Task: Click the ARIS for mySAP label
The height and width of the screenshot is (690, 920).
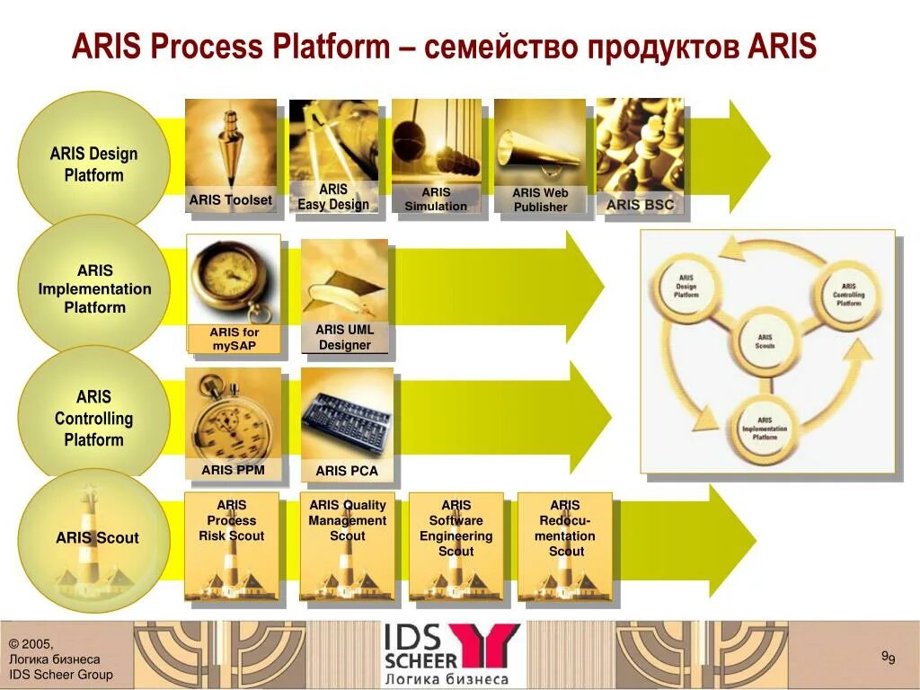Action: click(234, 339)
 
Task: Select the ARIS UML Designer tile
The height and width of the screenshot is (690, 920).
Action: click(345, 296)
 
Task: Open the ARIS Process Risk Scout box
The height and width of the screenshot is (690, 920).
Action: click(231, 546)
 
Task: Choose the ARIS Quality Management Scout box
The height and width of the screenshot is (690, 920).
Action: click(347, 546)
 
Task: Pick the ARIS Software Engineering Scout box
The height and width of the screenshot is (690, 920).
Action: click(456, 546)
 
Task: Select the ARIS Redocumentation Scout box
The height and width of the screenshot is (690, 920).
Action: click(565, 546)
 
